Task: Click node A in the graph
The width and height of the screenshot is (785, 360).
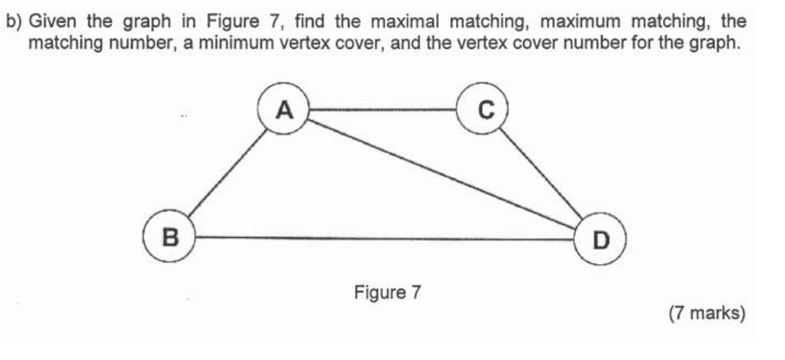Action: click(x=283, y=108)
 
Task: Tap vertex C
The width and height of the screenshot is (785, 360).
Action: click(x=485, y=109)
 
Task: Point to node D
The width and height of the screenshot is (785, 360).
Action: click(x=602, y=239)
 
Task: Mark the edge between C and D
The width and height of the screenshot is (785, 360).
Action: click(x=544, y=174)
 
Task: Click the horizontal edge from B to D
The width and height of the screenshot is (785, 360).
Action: click(x=385, y=238)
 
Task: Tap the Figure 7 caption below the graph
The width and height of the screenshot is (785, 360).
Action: click(x=386, y=291)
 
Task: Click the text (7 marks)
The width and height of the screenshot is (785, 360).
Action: click(x=706, y=313)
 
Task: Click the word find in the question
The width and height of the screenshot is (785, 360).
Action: click(x=314, y=20)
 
